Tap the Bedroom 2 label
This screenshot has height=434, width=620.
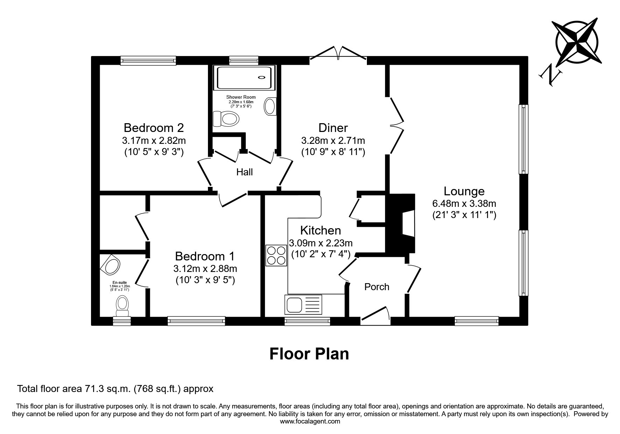[154, 127]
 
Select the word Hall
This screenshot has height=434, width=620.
[244, 172]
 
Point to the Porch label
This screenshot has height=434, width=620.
[377, 287]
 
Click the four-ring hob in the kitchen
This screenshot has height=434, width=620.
[276, 255]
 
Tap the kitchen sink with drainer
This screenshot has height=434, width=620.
[304, 304]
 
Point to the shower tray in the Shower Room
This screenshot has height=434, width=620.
[244, 77]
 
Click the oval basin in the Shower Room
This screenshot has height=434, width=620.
[270, 106]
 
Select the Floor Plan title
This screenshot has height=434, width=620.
[309, 354]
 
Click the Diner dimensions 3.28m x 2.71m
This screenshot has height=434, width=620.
[333, 141]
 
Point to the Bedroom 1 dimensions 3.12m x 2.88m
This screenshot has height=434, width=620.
[205, 269]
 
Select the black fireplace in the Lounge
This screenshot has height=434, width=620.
[400, 223]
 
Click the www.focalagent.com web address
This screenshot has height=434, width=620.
[310, 421]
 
